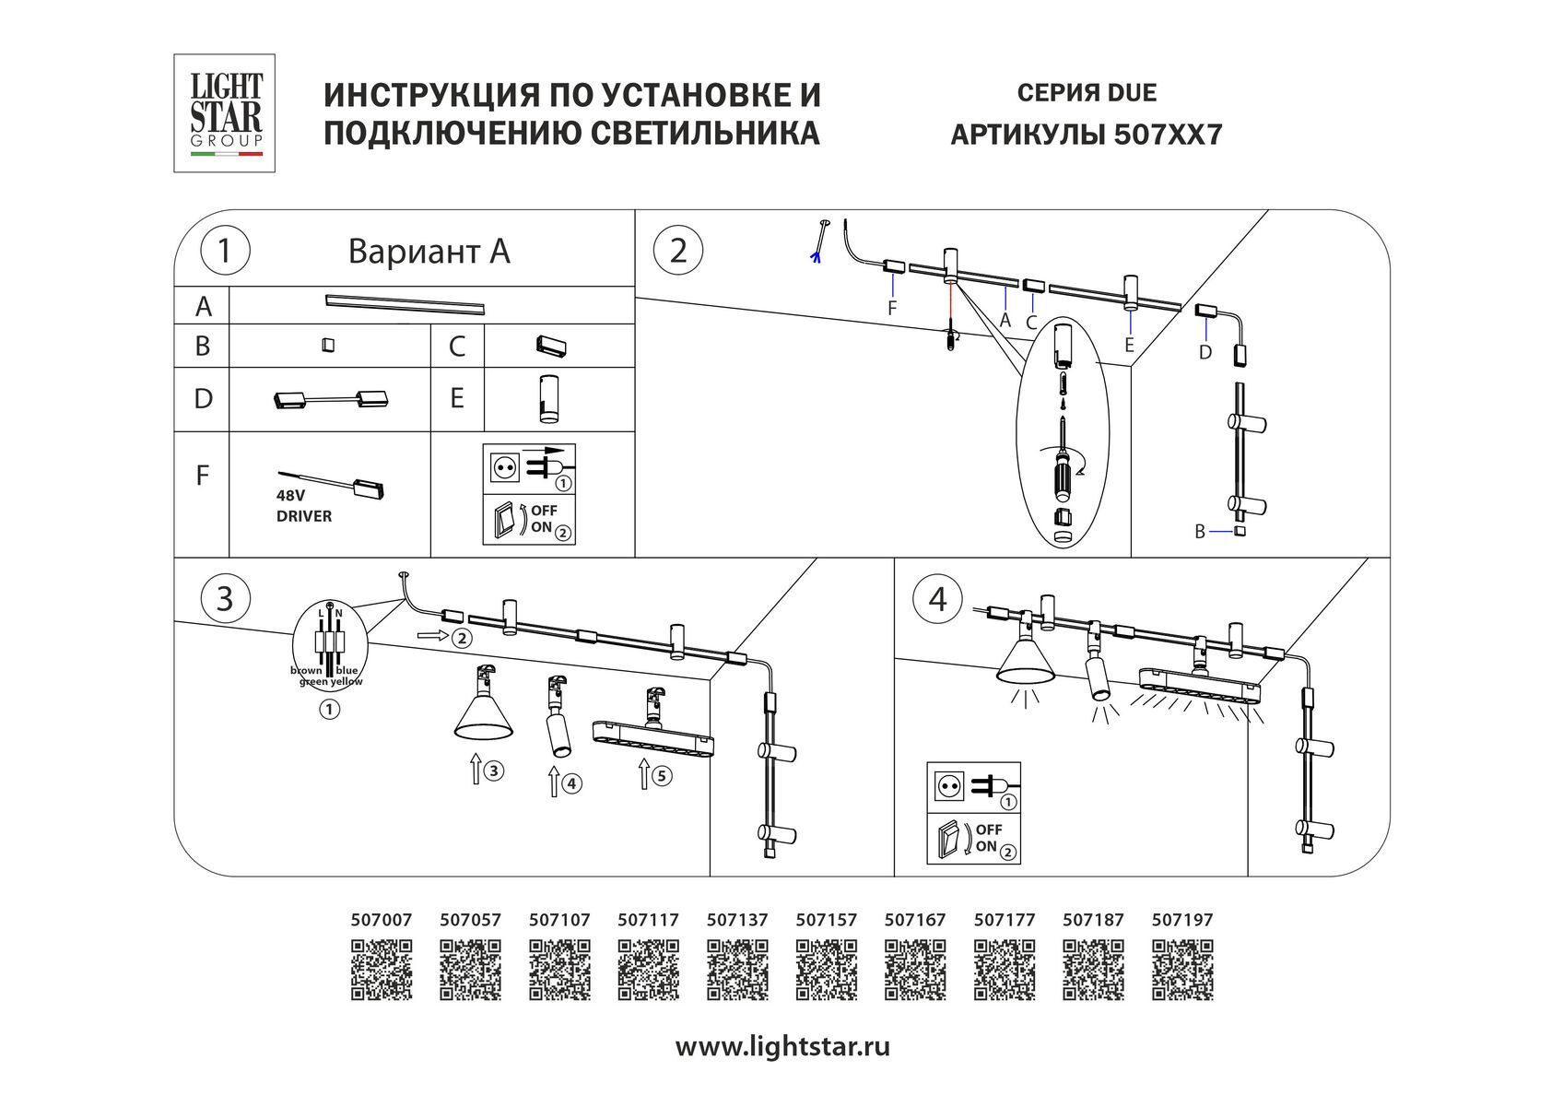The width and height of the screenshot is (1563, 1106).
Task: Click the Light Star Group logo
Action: coord(225,112)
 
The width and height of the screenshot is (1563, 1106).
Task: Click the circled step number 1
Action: coord(223,251)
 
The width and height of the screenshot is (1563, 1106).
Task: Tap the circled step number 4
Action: coord(936,599)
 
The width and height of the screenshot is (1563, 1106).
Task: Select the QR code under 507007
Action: coord(382,970)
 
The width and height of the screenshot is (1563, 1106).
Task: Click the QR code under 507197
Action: coord(1182,970)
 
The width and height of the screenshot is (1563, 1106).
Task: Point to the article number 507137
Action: coord(737,920)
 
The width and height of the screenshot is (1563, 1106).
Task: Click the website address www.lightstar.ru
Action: coord(782,1047)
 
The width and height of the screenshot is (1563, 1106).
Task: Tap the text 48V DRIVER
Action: coord(304,506)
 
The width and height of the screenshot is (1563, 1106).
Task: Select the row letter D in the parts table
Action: coord(203,399)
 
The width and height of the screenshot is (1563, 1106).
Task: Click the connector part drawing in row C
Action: coord(552,347)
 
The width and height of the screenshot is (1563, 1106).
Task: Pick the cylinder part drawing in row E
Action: coord(549,399)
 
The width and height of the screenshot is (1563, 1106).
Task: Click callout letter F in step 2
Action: coord(891,309)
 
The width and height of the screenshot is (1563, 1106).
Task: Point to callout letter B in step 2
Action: coord(1200,532)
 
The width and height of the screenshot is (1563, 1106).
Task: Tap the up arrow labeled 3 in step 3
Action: coord(476,768)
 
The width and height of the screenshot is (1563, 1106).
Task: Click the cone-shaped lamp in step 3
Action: coord(483,710)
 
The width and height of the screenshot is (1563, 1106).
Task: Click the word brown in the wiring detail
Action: coord(306,670)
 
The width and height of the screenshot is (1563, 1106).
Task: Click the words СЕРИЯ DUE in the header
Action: coord(1087,93)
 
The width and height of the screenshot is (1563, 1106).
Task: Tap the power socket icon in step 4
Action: coord(949,785)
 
